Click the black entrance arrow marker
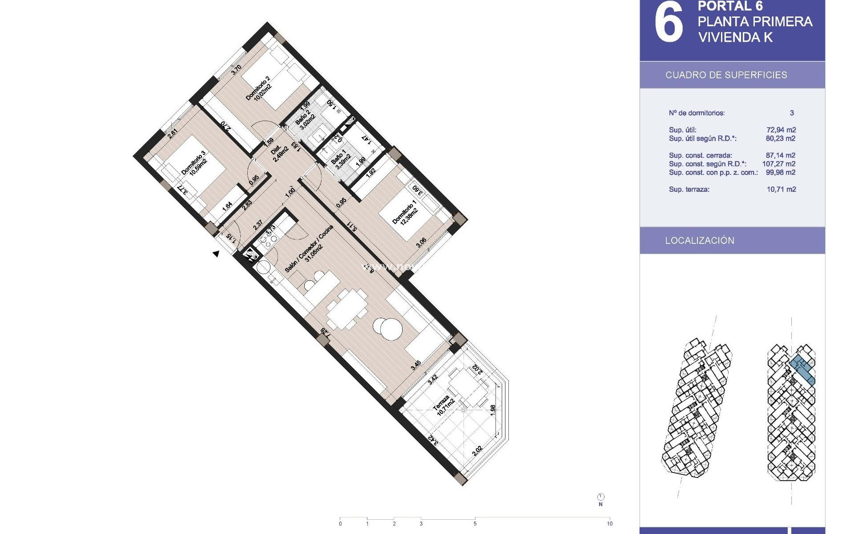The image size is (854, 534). click(216, 254)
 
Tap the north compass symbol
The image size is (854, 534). click(601, 497)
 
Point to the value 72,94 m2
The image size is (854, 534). click(781, 130)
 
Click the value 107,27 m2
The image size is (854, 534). click(779, 164)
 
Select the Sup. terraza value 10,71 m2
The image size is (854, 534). click(781, 189)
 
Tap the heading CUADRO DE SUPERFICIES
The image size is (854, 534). click(726, 75)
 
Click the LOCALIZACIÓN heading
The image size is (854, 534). click(700, 240)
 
